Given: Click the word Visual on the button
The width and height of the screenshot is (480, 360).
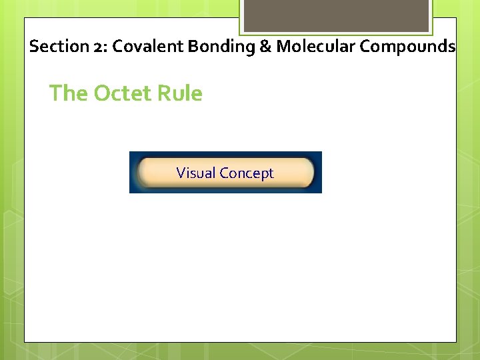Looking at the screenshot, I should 196,173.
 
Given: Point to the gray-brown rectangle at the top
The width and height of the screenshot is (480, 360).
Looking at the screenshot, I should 335,15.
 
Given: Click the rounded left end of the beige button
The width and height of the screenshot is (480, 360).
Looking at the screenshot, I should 142,173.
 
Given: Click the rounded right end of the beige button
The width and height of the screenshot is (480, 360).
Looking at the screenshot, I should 307,173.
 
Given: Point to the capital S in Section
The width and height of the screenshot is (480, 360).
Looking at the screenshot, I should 34,47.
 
